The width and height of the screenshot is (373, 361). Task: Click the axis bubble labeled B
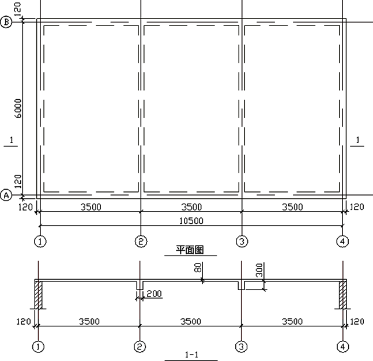click(x=6, y=22)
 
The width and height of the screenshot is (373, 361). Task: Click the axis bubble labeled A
click(x=6, y=195)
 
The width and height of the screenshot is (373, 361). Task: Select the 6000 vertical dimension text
click(x=18, y=109)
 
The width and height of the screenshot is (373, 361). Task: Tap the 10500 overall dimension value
click(x=191, y=221)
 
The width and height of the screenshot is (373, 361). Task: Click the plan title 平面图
click(x=190, y=250)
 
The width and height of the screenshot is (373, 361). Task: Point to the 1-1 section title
click(x=191, y=355)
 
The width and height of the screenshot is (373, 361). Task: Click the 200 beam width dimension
click(x=154, y=294)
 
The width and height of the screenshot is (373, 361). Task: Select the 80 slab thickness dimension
click(x=198, y=267)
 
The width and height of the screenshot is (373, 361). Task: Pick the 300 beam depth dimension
click(x=259, y=270)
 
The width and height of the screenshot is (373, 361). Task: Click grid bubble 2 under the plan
click(x=141, y=242)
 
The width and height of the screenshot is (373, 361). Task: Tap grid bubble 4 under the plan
click(x=342, y=242)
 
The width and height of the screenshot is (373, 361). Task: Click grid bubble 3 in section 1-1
click(x=242, y=347)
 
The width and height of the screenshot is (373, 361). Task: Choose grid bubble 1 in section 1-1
click(x=38, y=347)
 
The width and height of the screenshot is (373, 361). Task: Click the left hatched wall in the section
click(x=39, y=295)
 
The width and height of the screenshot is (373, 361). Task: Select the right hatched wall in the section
click(x=343, y=295)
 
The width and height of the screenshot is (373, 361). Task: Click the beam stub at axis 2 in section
click(x=140, y=285)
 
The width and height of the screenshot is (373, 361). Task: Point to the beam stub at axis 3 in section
click(x=242, y=285)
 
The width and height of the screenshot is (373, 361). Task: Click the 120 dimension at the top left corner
click(x=18, y=9)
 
